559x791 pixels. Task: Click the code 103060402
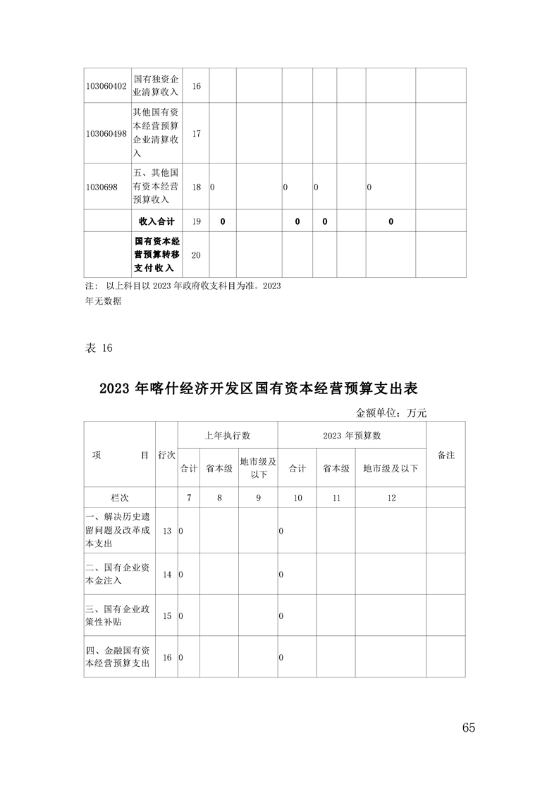click(106, 86)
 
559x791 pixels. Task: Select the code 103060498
click(106, 133)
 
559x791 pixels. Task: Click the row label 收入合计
click(156, 221)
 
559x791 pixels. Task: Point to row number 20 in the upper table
click(196, 255)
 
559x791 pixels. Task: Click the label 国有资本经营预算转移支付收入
click(156, 255)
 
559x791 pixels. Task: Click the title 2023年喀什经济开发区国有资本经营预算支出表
click(259, 389)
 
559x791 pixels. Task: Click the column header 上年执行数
click(227, 436)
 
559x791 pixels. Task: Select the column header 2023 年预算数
click(352, 436)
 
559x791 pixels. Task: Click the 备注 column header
click(446, 455)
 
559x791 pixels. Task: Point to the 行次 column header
click(166, 455)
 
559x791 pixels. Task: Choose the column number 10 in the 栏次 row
click(297, 498)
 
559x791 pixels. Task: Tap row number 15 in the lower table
click(167, 615)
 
